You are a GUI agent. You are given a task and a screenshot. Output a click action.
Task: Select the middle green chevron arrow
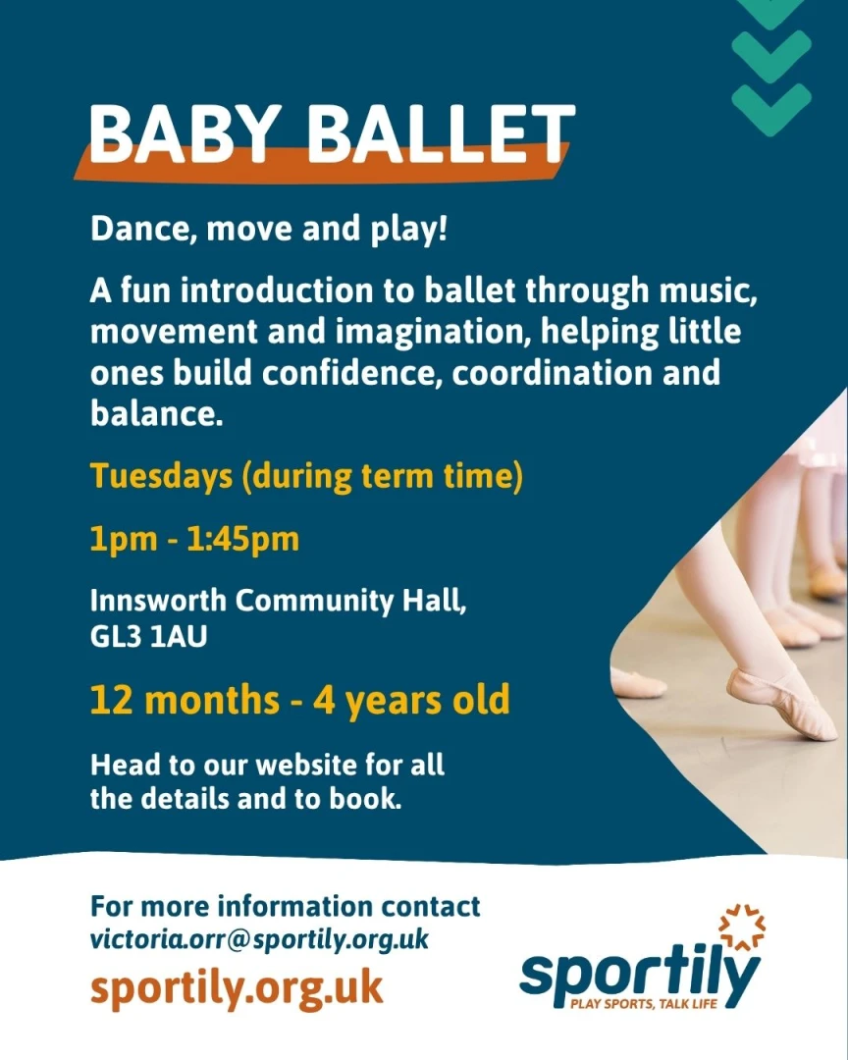click(770, 56)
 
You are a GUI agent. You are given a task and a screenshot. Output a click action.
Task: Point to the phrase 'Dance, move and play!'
click(269, 230)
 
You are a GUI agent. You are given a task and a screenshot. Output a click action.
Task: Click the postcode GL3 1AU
click(148, 637)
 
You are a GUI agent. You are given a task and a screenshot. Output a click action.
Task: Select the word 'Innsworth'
click(158, 601)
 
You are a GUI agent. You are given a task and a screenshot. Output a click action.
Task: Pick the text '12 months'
click(185, 701)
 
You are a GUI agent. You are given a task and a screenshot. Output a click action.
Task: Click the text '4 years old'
click(411, 701)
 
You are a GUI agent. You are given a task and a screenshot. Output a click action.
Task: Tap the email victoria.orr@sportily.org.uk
click(259, 940)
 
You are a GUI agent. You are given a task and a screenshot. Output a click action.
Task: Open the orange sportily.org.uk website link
click(237, 989)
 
